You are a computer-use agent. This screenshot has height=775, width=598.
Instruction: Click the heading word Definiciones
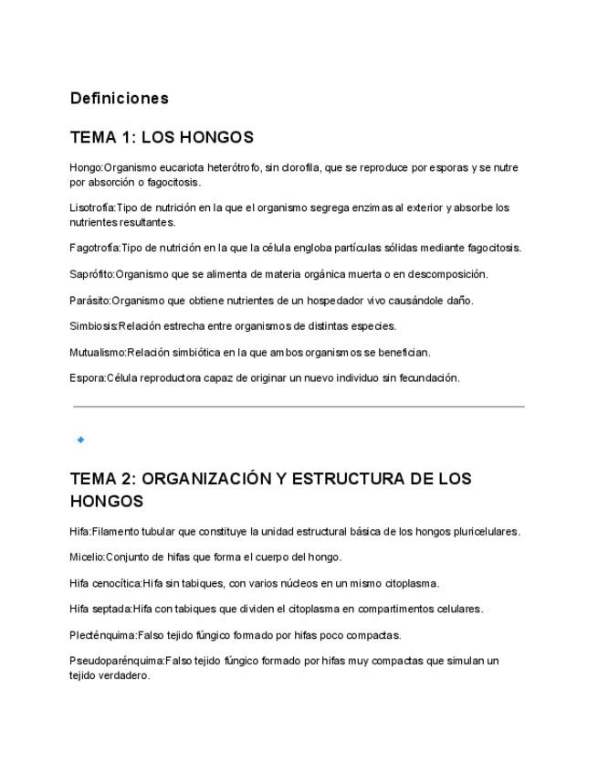pyautogui.click(x=119, y=98)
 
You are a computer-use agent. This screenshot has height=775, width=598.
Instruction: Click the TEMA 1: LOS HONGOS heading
pyautogui.click(x=162, y=137)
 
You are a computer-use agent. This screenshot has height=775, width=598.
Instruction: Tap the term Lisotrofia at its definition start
pyautogui.click(x=91, y=207)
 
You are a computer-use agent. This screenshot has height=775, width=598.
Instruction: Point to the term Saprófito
pyautogui.click(x=91, y=274)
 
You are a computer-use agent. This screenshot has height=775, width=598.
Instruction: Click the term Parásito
pyautogui.click(x=89, y=301)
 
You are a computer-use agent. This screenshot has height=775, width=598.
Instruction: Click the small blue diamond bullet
pyautogui.click(x=81, y=440)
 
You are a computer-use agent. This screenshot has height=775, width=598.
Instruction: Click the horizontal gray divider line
pyautogui.click(x=299, y=407)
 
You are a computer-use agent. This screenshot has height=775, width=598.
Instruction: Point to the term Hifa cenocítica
pyautogui.click(x=105, y=583)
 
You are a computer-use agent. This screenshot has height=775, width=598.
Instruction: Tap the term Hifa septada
pyautogui.click(x=100, y=609)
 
